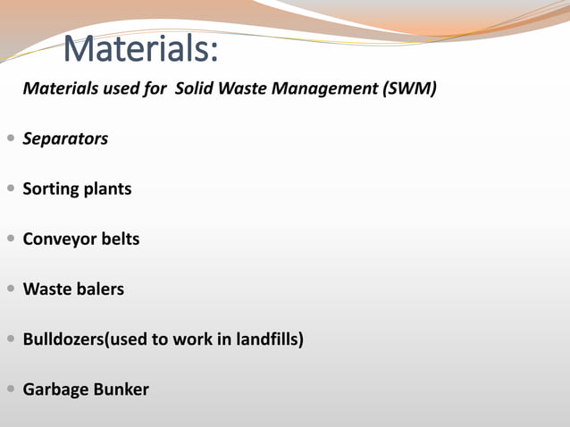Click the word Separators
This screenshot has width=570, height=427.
pos(65,138)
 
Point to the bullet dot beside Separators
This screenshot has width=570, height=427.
pos(10,138)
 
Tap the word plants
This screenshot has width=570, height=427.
pos(108,189)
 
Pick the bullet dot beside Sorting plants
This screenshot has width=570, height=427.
pos(10,189)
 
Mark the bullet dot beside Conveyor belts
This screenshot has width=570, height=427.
pos(10,239)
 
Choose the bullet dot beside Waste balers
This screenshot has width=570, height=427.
pos(10,289)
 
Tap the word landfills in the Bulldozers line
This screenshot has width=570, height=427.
pos(268,339)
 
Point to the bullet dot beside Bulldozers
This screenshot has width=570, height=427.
pos(10,339)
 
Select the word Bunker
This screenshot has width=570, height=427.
pos(121,389)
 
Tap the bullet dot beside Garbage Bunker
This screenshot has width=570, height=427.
pos(10,389)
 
